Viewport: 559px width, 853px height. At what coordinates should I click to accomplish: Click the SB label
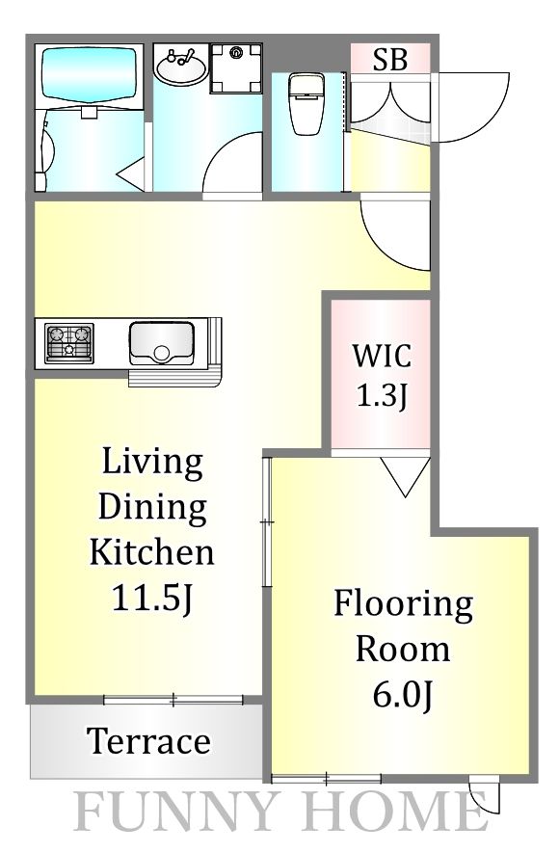pyautogui.click(x=390, y=60)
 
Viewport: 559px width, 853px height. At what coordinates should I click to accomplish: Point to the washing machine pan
pyautogui.click(x=236, y=68)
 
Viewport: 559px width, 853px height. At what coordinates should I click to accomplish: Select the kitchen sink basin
pyautogui.click(x=162, y=344)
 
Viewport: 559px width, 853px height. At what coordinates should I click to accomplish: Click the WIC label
pyautogui.click(x=382, y=356)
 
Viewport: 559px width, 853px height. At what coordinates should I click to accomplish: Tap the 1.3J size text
pyautogui.click(x=382, y=395)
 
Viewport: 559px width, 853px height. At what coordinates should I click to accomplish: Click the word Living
pyautogui.click(x=152, y=463)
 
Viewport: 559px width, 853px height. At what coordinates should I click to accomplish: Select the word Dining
pyautogui.click(x=152, y=508)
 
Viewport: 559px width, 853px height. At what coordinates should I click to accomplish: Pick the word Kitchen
pyautogui.click(x=151, y=552)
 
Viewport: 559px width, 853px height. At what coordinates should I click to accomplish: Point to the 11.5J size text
pyautogui.click(x=152, y=598)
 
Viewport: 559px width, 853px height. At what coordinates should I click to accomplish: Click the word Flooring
pyautogui.click(x=403, y=605)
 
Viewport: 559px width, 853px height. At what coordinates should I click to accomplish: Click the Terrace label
pyautogui.click(x=148, y=741)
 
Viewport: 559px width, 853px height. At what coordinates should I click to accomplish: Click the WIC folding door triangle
pyautogui.click(x=406, y=476)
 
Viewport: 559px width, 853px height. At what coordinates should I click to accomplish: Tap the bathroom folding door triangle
pyautogui.click(x=131, y=173)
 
